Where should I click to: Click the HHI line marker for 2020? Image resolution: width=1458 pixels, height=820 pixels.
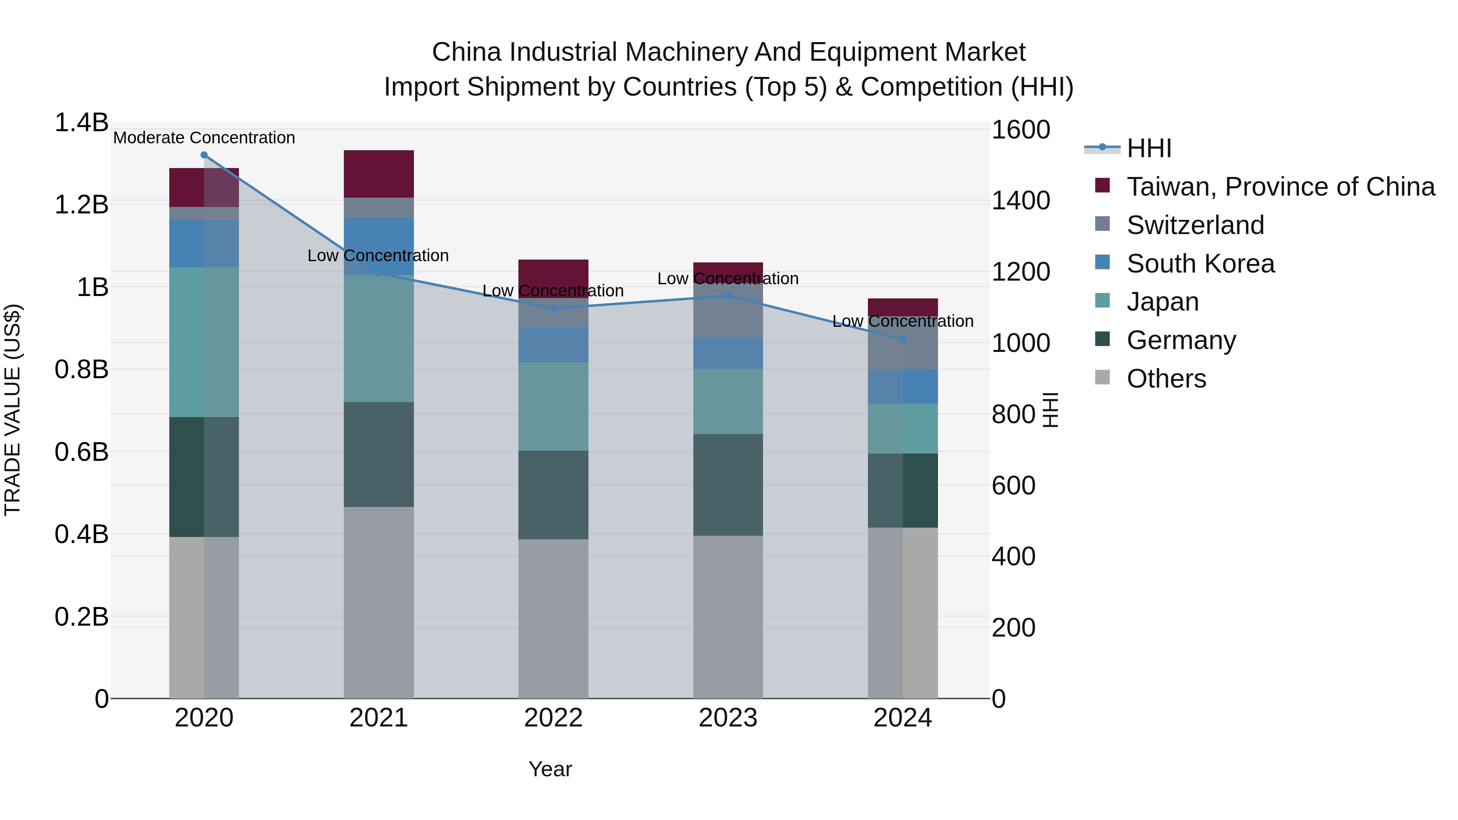tap(205, 155)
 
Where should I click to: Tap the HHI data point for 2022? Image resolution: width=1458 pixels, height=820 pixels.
tap(554, 309)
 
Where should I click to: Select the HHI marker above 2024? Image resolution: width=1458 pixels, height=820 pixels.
tap(903, 340)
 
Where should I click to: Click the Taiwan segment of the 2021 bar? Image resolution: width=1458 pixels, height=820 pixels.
tap(379, 174)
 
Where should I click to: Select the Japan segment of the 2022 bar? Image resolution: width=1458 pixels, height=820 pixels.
tap(554, 406)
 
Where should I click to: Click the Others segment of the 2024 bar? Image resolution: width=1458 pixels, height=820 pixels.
tap(903, 613)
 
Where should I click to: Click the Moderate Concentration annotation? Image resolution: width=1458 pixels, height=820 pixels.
tap(205, 138)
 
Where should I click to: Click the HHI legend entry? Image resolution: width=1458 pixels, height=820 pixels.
tap(1149, 148)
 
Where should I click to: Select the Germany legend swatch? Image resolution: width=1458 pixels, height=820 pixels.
tap(1102, 340)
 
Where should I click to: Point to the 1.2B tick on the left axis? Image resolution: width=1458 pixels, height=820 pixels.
tap(81, 205)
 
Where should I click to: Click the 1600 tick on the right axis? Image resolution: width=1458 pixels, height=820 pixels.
tap(1021, 130)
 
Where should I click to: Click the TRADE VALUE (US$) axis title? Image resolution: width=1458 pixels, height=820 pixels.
tap(13, 410)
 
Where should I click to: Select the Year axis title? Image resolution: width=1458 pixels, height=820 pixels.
tap(550, 769)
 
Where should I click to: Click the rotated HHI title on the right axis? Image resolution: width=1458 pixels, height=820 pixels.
tap(1051, 410)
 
